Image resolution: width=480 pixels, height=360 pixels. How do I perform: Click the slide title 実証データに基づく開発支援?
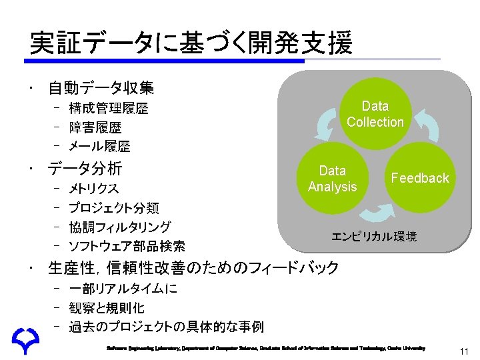190,43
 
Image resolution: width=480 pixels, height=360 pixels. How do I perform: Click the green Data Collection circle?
375,114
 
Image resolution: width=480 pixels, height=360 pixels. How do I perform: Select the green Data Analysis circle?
333,179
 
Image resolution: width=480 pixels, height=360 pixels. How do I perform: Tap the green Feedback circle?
420,178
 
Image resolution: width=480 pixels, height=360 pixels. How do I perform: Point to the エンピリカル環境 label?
375,236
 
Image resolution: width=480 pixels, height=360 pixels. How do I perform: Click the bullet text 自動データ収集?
101,87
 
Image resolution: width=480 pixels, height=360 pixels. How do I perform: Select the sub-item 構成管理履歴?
109,108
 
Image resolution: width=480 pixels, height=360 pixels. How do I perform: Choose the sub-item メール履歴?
99,145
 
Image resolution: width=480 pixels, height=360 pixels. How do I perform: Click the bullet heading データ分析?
85,168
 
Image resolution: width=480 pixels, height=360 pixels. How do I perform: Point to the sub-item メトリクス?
94,189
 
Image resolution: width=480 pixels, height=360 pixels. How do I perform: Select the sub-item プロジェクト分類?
113,208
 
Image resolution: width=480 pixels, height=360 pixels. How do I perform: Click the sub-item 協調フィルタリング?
120,227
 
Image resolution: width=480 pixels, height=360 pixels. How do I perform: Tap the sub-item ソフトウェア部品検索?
127,247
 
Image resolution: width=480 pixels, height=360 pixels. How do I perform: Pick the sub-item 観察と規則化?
107,308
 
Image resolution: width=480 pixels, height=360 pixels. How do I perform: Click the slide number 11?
465,351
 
